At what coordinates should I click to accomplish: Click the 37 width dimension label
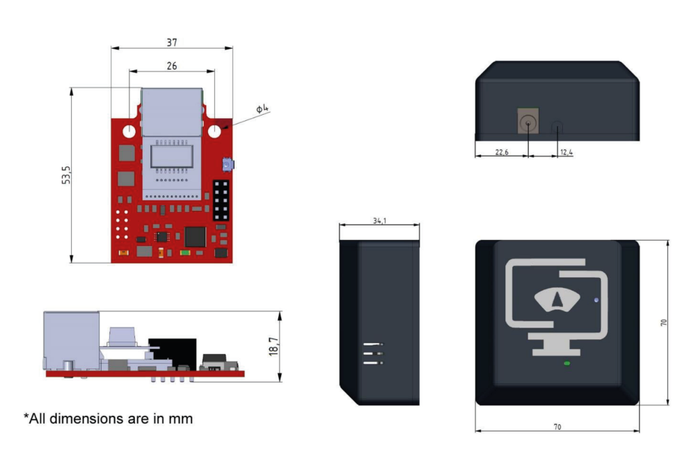(x=172, y=42)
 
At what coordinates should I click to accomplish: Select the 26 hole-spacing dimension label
(x=172, y=66)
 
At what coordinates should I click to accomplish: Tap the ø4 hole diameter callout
(x=262, y=108)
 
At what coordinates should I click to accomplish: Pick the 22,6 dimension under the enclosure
(x=501, y=152)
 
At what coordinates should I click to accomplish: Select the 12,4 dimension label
(x=566, y=152)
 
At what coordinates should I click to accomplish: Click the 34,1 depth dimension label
(x=379, y=221)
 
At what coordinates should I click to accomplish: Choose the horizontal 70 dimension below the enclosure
(x=557, y=427)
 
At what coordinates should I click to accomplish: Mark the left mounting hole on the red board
(x=130, y=130)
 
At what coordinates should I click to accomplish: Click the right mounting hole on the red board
(x=215, y=130)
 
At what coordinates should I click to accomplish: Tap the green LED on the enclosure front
(x=567, y=363)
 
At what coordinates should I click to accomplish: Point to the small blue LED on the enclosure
(x=596, y=300)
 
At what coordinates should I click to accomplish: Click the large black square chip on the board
(x=196, y=236)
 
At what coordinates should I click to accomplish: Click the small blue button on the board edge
(x=228, y=165)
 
